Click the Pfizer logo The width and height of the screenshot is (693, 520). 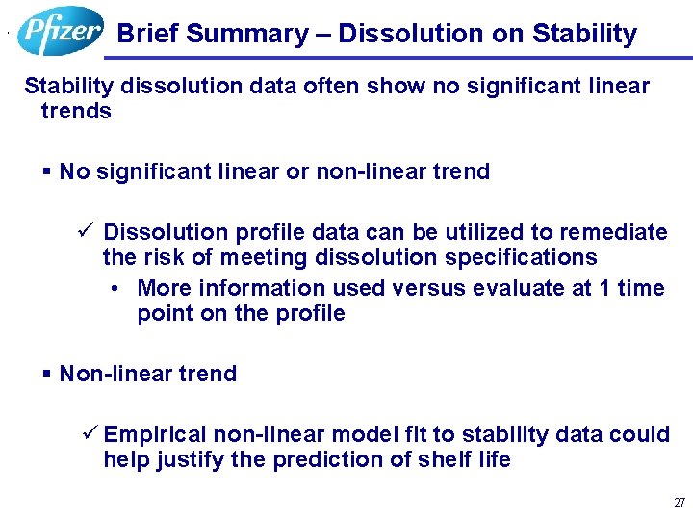pyautogui.click(x=60, y=31)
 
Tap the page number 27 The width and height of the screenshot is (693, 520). pyautogui.click(x=680, y=503)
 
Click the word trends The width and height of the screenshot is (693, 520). pyautogui.click(x=76, y=111)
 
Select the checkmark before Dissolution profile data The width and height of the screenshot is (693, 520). pyautogui.click(x=86, y=232)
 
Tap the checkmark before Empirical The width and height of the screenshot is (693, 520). pyautogui.click(x=91, y=434)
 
